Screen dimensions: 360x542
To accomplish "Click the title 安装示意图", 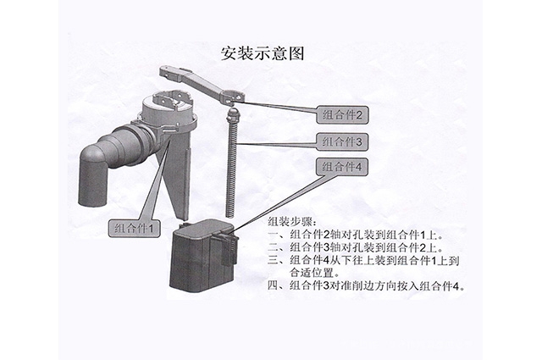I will point(261,52).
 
